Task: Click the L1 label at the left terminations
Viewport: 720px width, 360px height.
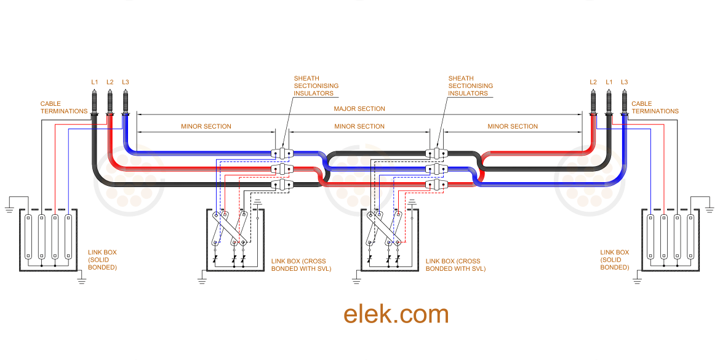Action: tap(94, 82)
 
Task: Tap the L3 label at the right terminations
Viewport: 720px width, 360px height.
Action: tap(624, 82)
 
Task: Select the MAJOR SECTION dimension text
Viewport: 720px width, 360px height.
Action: tap(359, 109)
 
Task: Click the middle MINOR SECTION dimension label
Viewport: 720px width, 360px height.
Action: tap(359, 126)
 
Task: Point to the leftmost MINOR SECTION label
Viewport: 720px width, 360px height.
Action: tap(206, 126)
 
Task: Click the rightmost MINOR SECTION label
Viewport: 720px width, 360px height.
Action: tap(513, 126)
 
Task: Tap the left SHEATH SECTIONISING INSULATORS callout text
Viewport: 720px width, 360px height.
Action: tap(316, 86)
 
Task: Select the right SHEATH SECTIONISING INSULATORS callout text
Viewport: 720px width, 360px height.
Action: tap(470, 86)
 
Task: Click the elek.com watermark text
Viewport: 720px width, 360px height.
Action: tap(396, 314)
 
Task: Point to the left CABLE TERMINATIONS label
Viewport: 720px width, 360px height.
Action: tap(64, 108)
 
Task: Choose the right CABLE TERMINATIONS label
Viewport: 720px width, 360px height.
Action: tap(655, 108)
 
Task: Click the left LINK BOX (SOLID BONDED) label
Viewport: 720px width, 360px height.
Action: tap(102, 259)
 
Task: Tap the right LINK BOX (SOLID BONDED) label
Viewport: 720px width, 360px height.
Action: tap(614, 259)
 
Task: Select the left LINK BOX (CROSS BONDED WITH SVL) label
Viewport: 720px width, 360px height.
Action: tap(301, 265)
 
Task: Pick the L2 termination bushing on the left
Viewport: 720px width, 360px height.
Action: tap(110, 102)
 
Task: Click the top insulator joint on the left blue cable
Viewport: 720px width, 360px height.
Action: tap(281, 153)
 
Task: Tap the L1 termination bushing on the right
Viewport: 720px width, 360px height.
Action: tap(609, 102)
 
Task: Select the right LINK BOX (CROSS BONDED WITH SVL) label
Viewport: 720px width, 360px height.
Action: tap(455, 265)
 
